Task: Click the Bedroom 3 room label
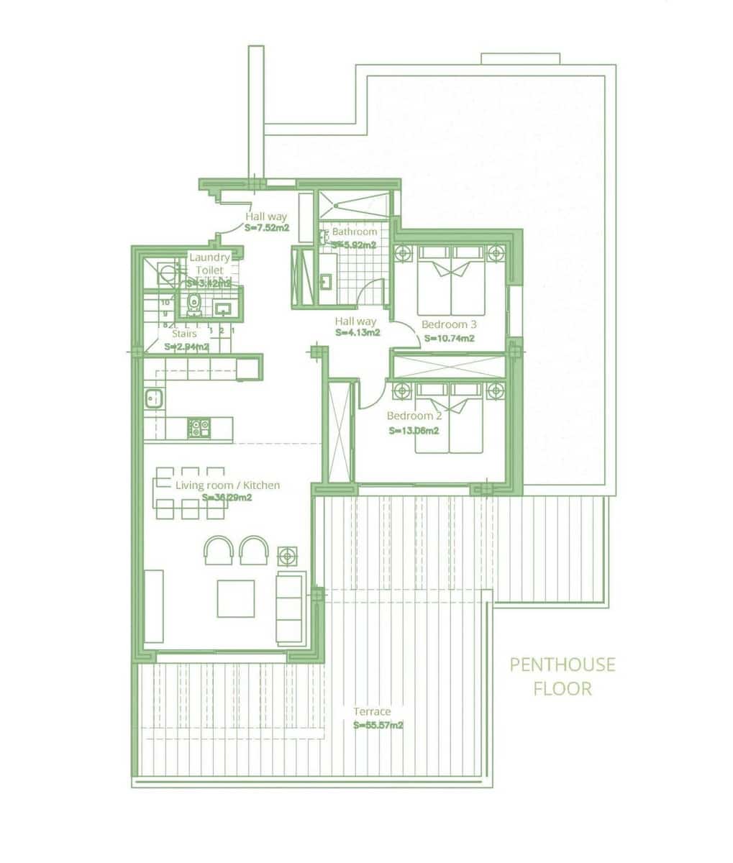point(449,324)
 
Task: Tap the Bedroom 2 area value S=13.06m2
point(414,431)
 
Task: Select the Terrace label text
point(372,712)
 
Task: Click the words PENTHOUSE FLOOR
point(563,676)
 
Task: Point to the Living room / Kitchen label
point(227,485)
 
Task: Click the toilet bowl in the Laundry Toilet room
point(193,305)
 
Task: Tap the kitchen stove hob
point(198,428)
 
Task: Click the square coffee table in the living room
point(236,598)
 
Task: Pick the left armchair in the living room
point(219,551)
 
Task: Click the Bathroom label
point(354,232)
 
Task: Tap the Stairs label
point(184,334)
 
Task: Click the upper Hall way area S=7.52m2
point(267,229)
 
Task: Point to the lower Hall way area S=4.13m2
point(358,333)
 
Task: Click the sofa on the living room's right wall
point(291,607)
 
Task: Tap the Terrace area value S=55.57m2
point(378,726)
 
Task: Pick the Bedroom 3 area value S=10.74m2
point(449,338)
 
